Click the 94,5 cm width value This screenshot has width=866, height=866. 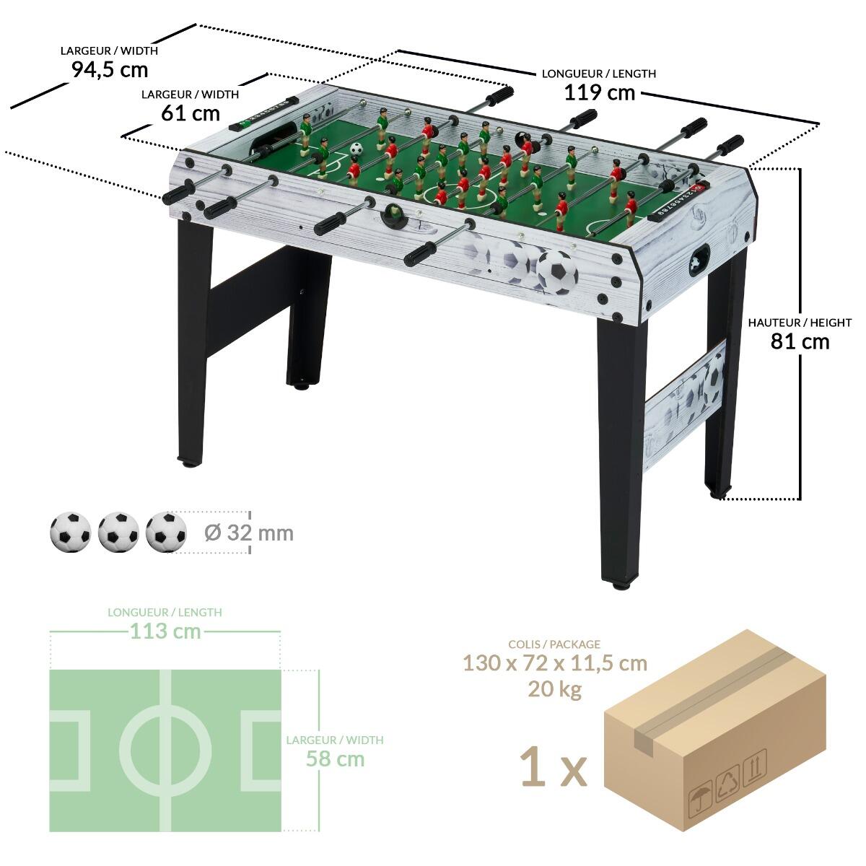click(110, 70)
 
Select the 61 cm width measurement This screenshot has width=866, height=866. click(191, 113)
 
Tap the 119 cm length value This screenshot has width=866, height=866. click(600, 92)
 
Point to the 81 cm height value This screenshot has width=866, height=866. click(800, 341)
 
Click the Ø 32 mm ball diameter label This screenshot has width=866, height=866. click(248, 533)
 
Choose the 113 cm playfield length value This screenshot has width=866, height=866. click(165, 631)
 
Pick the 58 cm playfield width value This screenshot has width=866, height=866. click(335, 759)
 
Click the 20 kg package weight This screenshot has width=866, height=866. click(554, 689)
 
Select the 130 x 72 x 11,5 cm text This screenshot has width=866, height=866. click(554, 663)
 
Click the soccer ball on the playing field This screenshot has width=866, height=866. click(357, 149)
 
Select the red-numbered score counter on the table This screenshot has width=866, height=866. click(675, 201)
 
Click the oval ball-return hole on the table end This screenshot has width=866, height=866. click(699, 260)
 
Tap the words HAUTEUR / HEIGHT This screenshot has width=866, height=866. click(800, 322)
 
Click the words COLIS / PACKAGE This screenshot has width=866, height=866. click(554, 644)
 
